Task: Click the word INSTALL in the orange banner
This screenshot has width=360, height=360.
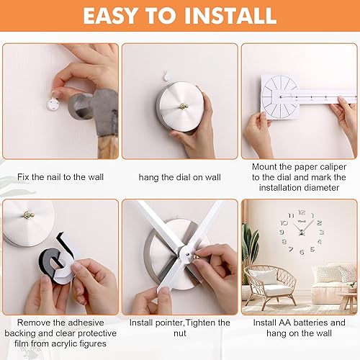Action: (230, 16)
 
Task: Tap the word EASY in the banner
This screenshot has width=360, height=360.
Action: (110, 16)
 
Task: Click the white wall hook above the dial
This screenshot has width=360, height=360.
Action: (166, 76)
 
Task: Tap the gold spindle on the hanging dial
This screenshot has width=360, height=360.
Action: (184, 106)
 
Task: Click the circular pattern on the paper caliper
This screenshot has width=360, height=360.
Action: (279, 96)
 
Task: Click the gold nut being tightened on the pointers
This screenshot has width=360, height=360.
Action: (196, 256)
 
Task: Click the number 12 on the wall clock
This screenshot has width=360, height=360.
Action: (302, 212)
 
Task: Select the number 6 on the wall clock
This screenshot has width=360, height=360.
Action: (302, 252)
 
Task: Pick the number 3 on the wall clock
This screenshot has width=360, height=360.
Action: (322, 232)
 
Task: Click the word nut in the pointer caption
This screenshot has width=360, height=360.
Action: (180, 333)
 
